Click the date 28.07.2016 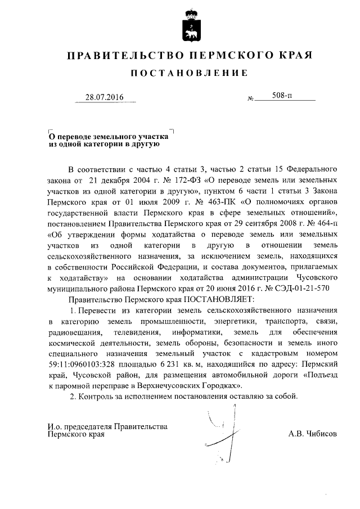(103, 97)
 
